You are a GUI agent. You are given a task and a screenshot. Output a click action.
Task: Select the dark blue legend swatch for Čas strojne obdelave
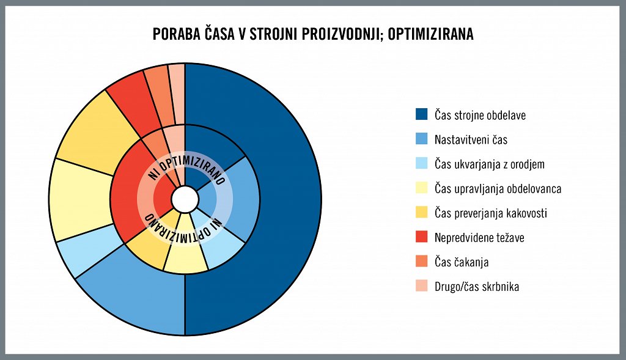421,114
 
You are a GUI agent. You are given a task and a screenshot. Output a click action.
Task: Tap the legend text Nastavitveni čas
471,139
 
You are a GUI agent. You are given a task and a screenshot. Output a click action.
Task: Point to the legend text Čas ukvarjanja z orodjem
489,164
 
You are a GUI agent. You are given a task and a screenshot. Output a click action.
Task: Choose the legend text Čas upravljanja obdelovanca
498,188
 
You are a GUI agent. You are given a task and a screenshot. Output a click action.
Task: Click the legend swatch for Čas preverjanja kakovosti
421,213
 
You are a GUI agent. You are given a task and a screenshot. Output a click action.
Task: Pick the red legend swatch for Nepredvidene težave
421,237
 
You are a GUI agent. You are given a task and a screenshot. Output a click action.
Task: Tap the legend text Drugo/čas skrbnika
477,286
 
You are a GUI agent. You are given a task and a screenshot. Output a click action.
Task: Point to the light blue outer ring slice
73,257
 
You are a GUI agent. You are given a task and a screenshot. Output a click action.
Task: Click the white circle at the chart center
185,199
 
